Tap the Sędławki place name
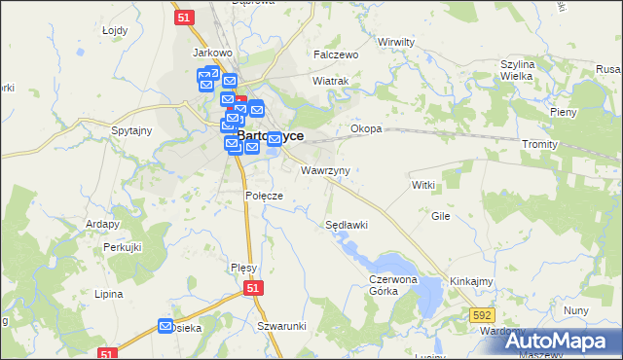pos(346,225)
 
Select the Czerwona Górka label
pos(392,284)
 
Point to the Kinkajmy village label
pos(471,281)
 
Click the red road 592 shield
pos(481,314)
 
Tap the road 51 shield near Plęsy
pos(253,289)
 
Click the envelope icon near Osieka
pos(165,326)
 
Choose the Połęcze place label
pos(264,196)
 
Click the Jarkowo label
pos(211,53)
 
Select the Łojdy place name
pos(115,30)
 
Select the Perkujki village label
pos(124,247)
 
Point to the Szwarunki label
pos(282,326)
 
